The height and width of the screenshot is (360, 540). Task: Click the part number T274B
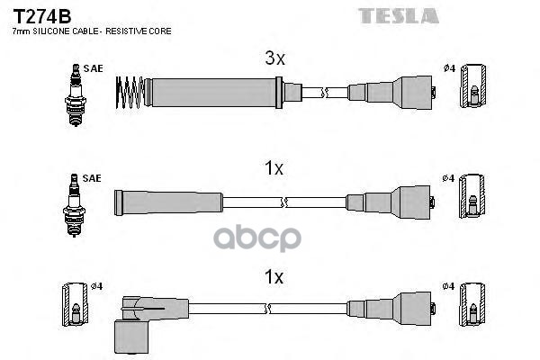tap(42, 16)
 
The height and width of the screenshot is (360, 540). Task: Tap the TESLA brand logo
tap(399, 16)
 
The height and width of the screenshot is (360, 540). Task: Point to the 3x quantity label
tap(274, 58)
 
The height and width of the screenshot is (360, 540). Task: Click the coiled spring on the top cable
tap(130, 93)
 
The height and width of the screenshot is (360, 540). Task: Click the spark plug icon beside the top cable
tap(76, 94)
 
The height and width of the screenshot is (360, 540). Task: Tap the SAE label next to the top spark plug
tap(93, 68)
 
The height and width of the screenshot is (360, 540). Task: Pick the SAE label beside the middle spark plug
tap(92, 178)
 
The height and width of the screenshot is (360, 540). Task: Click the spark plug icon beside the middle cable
tap(74, 205)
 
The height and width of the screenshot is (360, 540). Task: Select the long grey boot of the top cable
tap(213, 93)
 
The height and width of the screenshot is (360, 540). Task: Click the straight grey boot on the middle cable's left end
tap(168, 202)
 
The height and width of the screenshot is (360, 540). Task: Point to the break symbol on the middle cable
tap(284, 202)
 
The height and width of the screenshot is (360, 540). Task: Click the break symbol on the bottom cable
tap(267, 309)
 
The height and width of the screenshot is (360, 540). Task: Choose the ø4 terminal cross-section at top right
tap(473, 85)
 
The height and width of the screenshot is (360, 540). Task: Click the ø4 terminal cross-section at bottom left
tap(75, 304)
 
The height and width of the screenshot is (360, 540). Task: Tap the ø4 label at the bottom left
tap(97, 286)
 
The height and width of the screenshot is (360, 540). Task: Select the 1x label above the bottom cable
tap(274, 276)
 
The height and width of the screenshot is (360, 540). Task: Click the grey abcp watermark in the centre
tap(257, 238)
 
